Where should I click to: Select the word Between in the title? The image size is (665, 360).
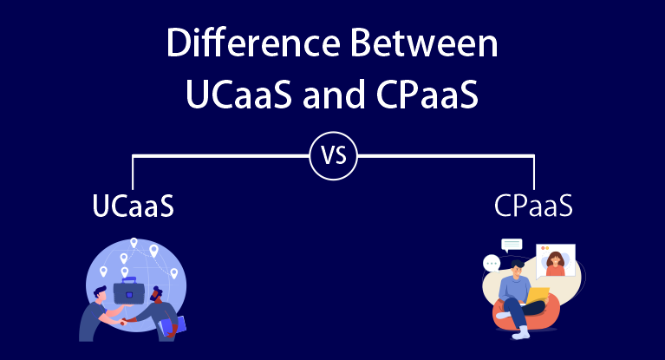tap(427, 44)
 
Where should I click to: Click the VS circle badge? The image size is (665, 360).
tap(334, 157)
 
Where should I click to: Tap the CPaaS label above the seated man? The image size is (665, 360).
tap(533, 208)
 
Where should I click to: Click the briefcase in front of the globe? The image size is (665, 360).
tap(130, 291)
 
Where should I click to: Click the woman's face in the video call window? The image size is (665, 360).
tap(555, 259)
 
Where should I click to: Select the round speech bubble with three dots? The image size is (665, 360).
tap(492, 262)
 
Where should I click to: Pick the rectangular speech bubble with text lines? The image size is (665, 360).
tap(512, 244)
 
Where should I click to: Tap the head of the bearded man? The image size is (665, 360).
tap(157, 294)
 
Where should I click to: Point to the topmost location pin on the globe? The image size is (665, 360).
tap(133, 245)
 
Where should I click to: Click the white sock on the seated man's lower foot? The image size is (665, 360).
tap(521, 333)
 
